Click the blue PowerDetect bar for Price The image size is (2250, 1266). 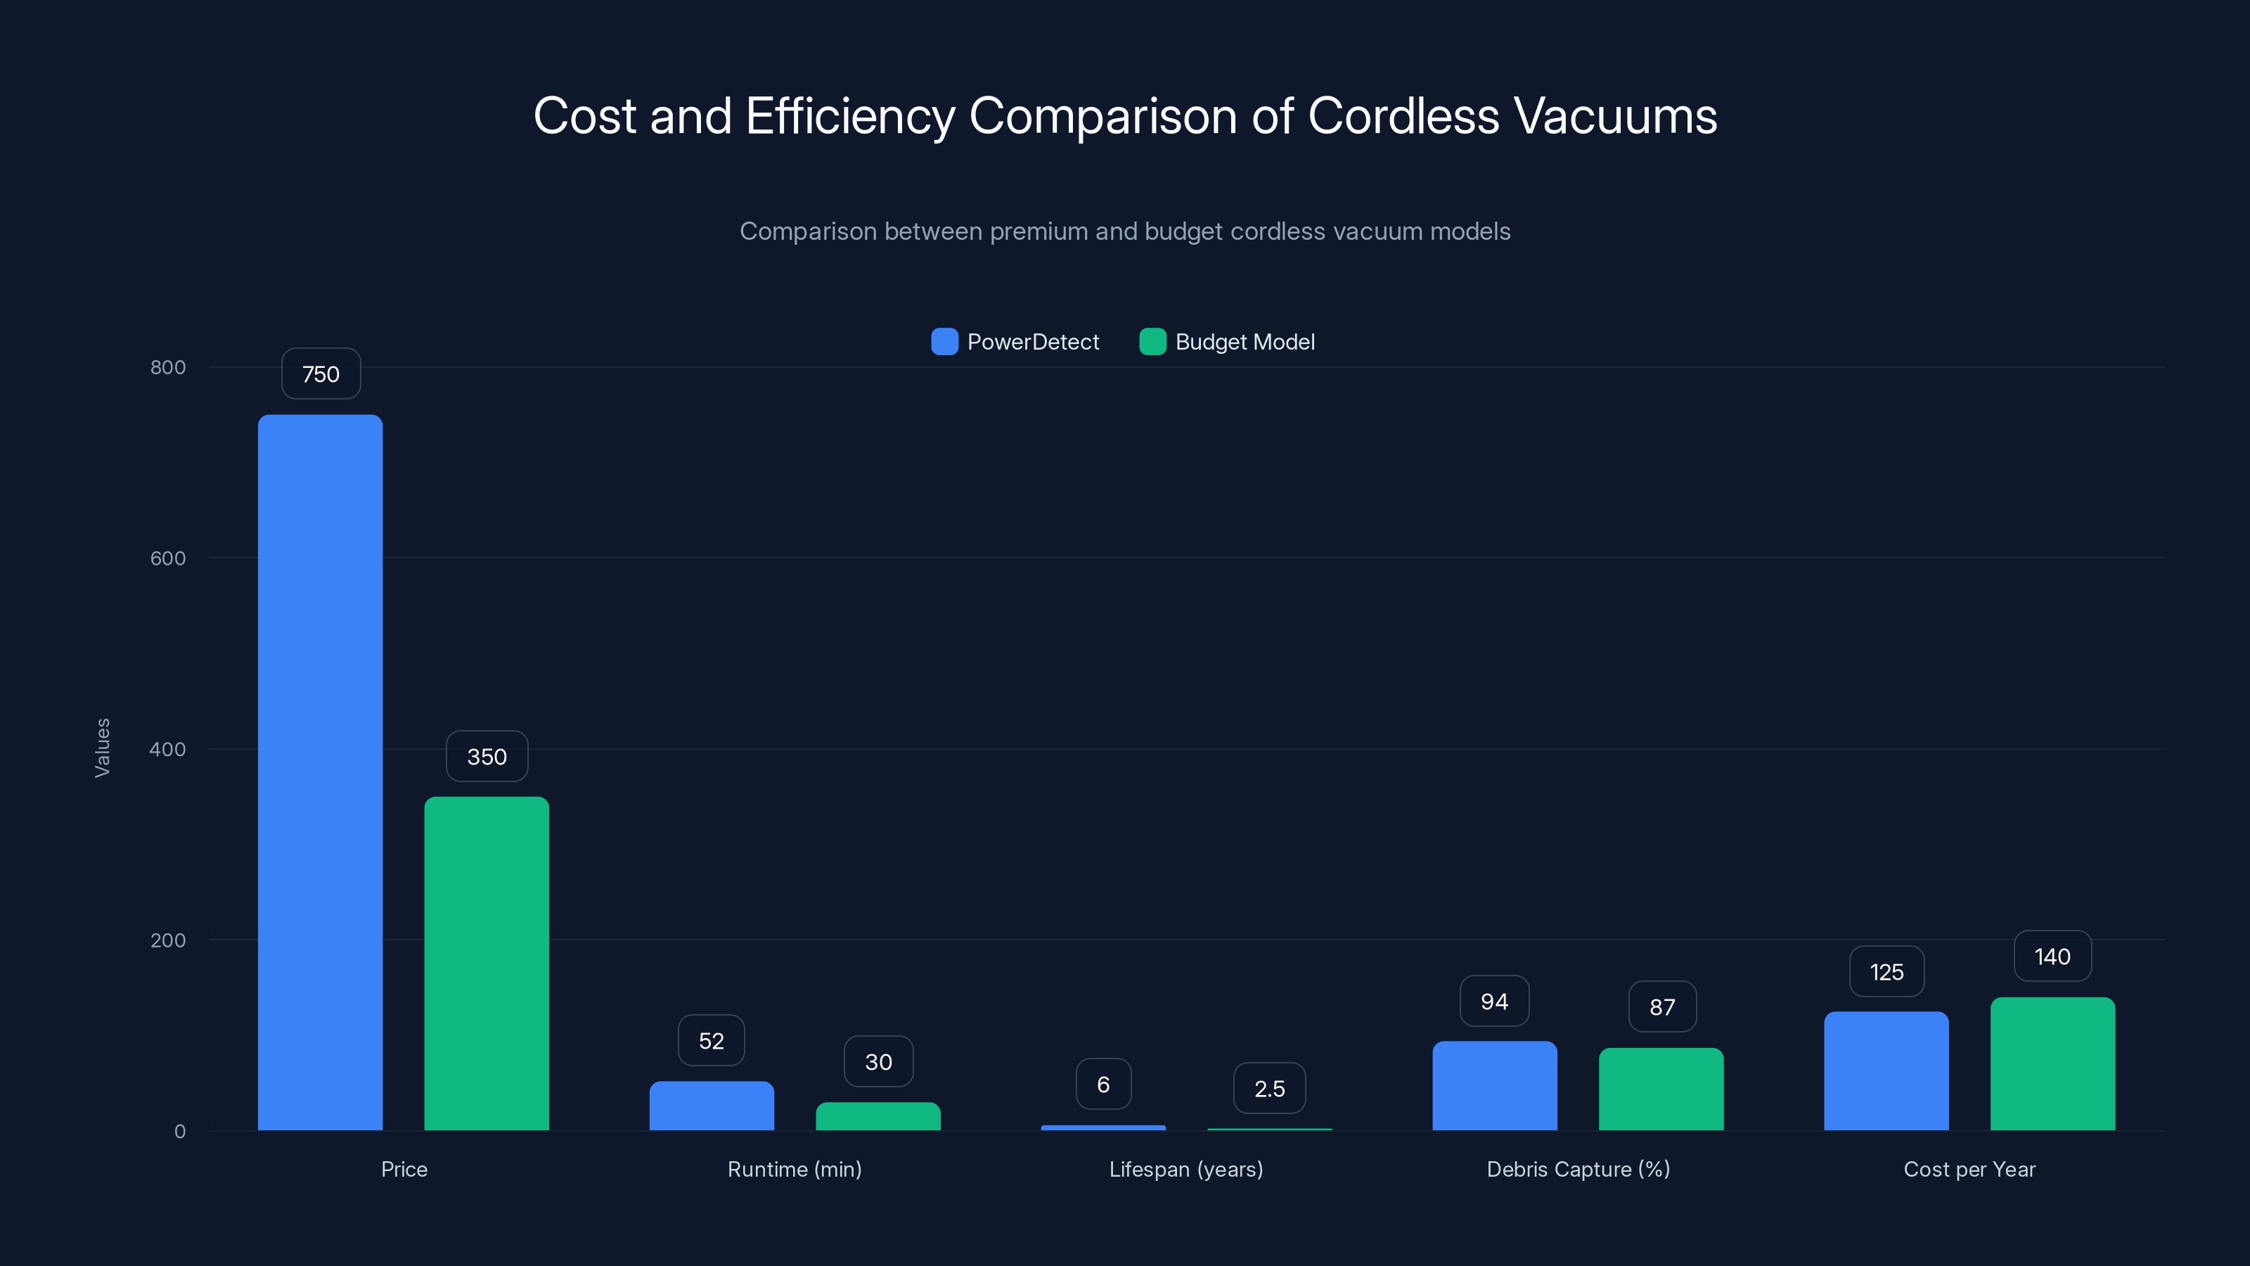(x=320, y=772)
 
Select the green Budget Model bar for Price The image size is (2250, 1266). (x=487, y=963)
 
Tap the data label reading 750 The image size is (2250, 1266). (x=321, y=374)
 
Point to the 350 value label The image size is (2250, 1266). (x=487, y=757)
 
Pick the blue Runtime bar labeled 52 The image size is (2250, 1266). (x=711, y=1106)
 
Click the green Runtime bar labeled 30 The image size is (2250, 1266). (x=877, y=1117)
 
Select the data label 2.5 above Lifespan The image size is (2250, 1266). (x=1269, y=1089)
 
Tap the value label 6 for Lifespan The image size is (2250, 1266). (x=1103, y=1085)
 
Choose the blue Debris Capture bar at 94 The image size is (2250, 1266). (x=1494, y=1086)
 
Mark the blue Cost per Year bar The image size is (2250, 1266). (x=1886, y=1071)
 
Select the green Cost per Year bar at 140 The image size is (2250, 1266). (x=2052, y=1064)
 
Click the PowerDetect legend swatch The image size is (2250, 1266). (x=944, y=342)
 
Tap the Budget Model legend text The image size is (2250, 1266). (x=1245, y=342)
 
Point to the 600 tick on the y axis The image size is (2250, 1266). (x=168, y=558)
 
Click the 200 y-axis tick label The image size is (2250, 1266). (x=168, y=940)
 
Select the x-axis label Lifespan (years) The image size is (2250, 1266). (x=1185, y=1169)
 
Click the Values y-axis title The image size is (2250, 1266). (x=102, y=748)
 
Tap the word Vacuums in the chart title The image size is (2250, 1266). (x=1615, y=116)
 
